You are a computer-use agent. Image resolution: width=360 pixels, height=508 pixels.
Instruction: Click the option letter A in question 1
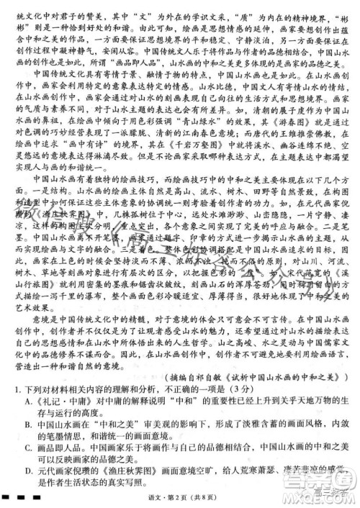pos(28,402)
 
